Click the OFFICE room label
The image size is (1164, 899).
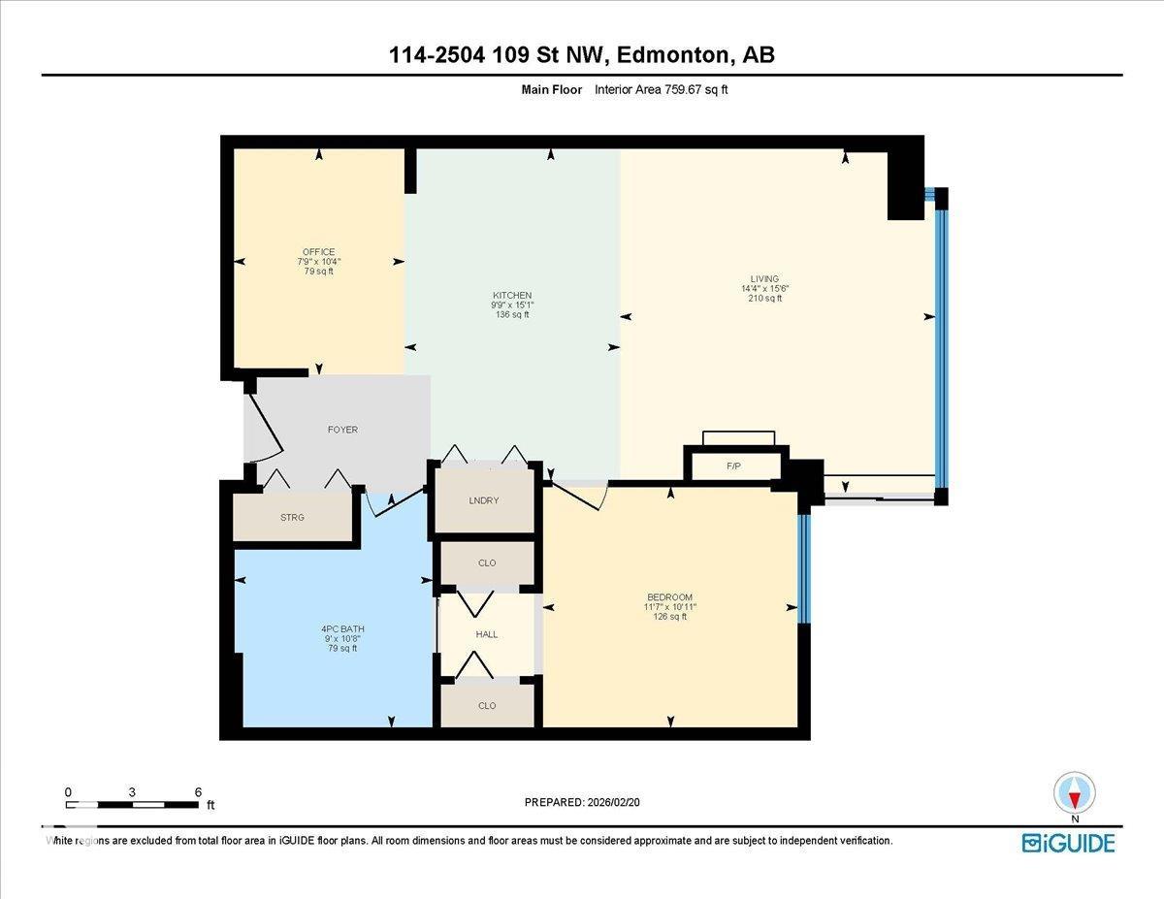coord(318,252)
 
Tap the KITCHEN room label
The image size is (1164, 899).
coord(511,295)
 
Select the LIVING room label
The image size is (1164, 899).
coord(764,279)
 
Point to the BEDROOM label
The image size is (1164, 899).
coord(670,596)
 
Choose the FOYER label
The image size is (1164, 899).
coord(342,430)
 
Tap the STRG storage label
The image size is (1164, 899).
coord(292,518)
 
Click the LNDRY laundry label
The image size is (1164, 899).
coord(483,500)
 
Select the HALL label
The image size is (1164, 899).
coord(486,634)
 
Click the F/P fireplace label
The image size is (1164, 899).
coord(733,466)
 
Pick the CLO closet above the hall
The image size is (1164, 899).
coord(486,562)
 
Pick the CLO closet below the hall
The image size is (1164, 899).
coord(486,706)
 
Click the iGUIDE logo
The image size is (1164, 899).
coord(1068,843)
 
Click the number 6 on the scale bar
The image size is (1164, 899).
coord(197,792)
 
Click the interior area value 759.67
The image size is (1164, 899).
coord(690,89)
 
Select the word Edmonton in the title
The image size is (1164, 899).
coord(673,55)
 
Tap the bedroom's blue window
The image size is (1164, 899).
coord(803,568)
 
